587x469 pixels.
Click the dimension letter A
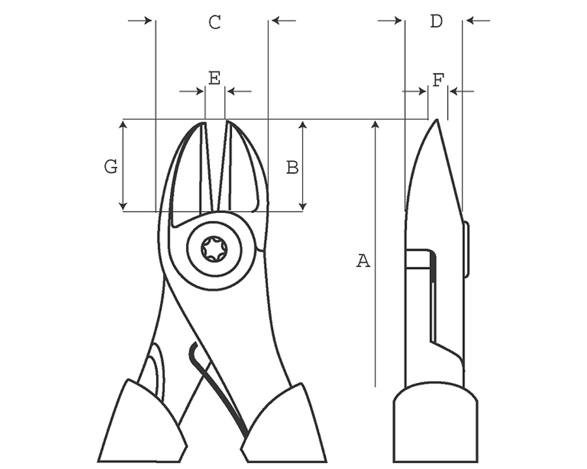point(363,261)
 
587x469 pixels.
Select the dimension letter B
point(292,167)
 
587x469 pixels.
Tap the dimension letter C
point(215,22)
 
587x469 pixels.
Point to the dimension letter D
point(436,21)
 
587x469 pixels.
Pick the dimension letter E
point(215,79)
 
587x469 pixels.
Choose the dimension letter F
point(438,80)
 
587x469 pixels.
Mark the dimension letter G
point(111,167)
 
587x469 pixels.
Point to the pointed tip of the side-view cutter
point(436,120)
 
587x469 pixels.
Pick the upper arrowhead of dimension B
point(303,124)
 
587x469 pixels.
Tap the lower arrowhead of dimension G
point(123,206)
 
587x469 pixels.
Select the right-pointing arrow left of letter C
point(140,20)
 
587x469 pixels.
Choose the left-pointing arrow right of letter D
point(478,21)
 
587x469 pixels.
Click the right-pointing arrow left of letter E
point(191,91)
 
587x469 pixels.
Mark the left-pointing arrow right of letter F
point(462,91)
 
